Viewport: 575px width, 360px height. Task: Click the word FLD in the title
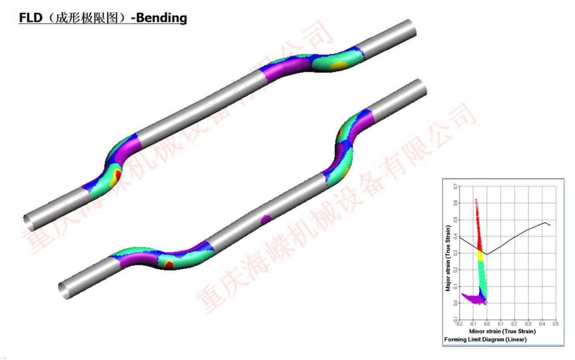30,18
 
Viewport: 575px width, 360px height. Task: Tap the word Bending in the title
162,18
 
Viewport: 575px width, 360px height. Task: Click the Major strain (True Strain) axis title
448,258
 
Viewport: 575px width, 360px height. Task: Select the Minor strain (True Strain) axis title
502,331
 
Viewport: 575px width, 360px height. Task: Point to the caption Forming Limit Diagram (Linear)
485,340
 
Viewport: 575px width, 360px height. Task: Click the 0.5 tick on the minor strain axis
555,324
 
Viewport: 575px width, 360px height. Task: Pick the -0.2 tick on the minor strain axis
460,324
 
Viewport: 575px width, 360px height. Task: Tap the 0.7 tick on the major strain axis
455,186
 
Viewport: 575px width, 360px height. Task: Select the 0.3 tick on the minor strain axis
528,324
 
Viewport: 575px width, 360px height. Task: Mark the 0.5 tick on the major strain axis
455,220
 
